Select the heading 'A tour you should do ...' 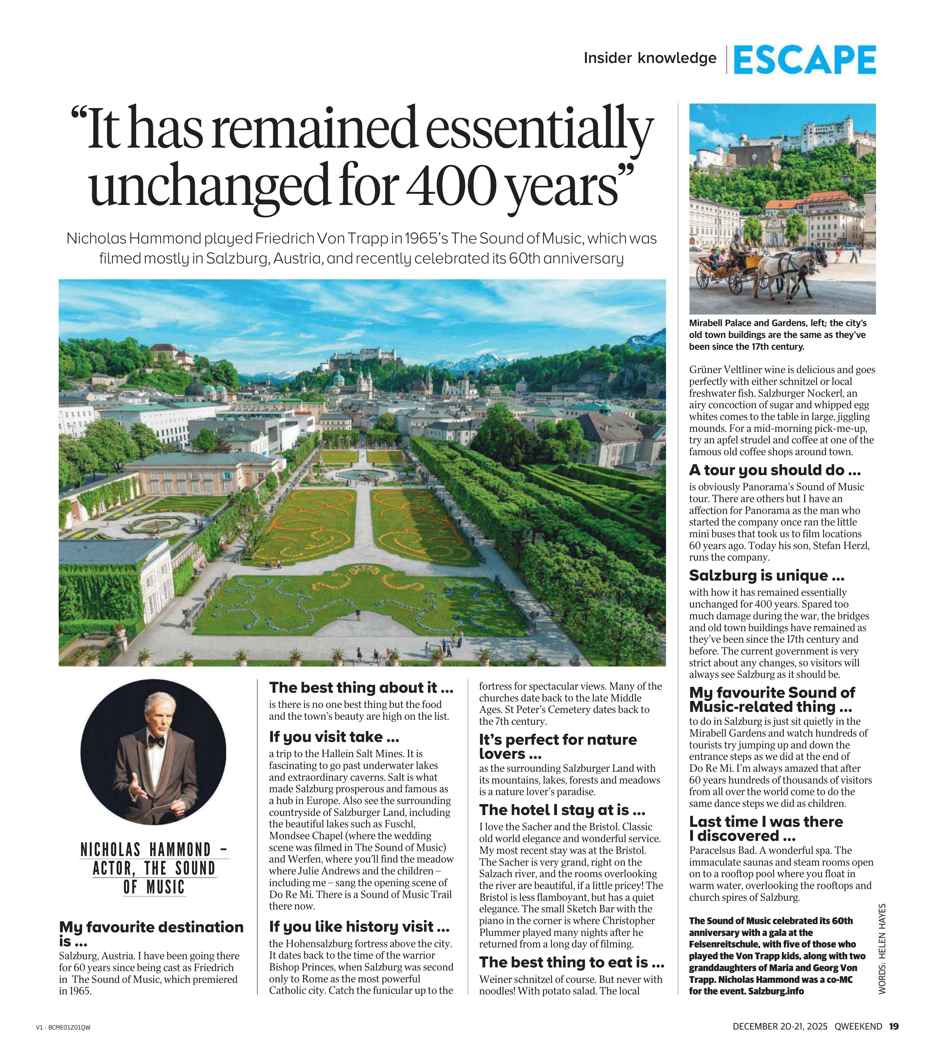[x=774, y=470]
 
